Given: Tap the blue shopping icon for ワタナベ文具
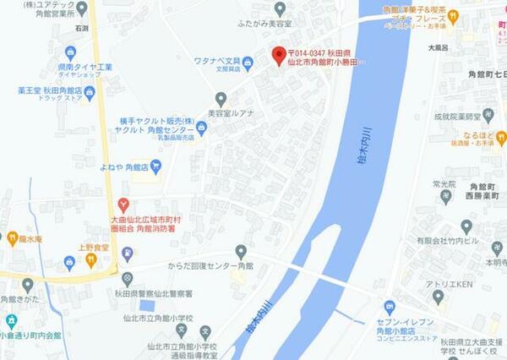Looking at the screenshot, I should pos(248,62).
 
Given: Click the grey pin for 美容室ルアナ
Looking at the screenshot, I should pos(221,100).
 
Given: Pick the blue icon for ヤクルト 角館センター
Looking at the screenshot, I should pos(201,128).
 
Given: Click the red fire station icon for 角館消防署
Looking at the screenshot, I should pos(124,205).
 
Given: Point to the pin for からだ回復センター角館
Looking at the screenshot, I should pos(241,251).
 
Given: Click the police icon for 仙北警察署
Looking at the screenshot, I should pos(127,278).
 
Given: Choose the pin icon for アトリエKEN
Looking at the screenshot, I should pos(438,296).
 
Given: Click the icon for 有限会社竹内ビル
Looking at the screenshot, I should pos(466,226).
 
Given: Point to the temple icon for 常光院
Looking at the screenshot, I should pos(445,196).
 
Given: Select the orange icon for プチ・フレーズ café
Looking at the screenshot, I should pos(452,15).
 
